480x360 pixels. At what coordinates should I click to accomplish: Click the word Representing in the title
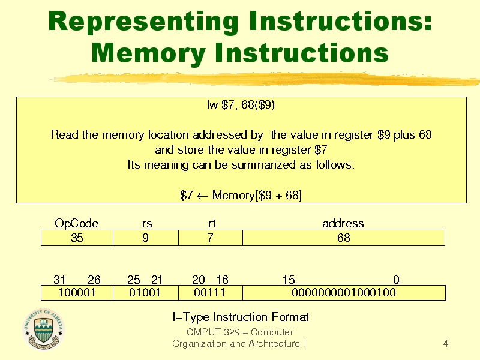point(143,22)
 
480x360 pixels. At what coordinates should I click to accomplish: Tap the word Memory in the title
point(148,53)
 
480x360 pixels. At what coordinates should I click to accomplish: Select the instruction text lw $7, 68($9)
point(241,104)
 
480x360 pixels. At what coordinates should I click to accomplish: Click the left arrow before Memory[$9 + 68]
point(202,196)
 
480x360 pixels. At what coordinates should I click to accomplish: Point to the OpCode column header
point(77,223)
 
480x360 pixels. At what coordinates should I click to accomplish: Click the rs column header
point(147,224)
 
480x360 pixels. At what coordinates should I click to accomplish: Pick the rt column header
point(212,223)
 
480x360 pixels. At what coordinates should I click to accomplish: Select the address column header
point(343,223)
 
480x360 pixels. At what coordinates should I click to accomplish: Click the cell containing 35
point(77,238)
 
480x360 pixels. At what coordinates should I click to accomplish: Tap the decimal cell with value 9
point(146,238)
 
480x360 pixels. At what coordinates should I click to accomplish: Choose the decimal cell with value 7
point(211,238)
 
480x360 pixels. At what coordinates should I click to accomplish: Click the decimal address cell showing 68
point(344,238)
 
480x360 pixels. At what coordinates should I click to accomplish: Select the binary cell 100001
point(77,293)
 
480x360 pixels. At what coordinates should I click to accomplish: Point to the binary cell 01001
point(146,293)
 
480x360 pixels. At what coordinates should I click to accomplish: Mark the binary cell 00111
point(211,293)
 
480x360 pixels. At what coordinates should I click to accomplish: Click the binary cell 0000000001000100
point(344,293)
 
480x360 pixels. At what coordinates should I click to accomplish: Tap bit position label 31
point(59,280)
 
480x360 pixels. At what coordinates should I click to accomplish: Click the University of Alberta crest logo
point(43,329)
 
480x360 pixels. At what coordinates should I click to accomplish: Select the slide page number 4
point(446,344)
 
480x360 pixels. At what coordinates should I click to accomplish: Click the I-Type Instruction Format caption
point(241,317)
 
